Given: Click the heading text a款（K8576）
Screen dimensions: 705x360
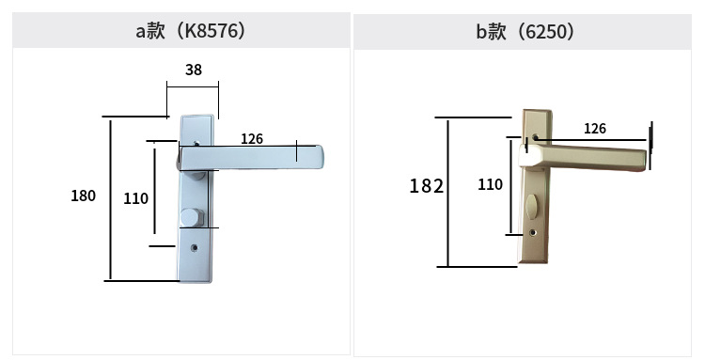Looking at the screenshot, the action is pos(191,31).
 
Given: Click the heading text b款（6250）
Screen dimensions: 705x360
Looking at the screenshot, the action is pos(525,32).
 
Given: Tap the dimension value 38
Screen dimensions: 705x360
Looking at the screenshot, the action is pos(194,70).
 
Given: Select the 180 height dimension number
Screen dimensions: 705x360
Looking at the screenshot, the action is pos(83,196).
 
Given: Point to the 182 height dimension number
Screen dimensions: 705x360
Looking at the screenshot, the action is pos(426,185).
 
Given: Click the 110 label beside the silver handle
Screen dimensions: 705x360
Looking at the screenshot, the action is pos(135,198).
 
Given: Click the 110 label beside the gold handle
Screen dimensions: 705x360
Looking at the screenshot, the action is pos(490,184).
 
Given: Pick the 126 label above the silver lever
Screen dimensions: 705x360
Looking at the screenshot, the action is pos(252,139).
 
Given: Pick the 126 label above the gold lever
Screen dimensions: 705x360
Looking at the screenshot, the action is pos(595,129).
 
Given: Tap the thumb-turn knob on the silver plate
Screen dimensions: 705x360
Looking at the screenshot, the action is pos(192,217).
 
